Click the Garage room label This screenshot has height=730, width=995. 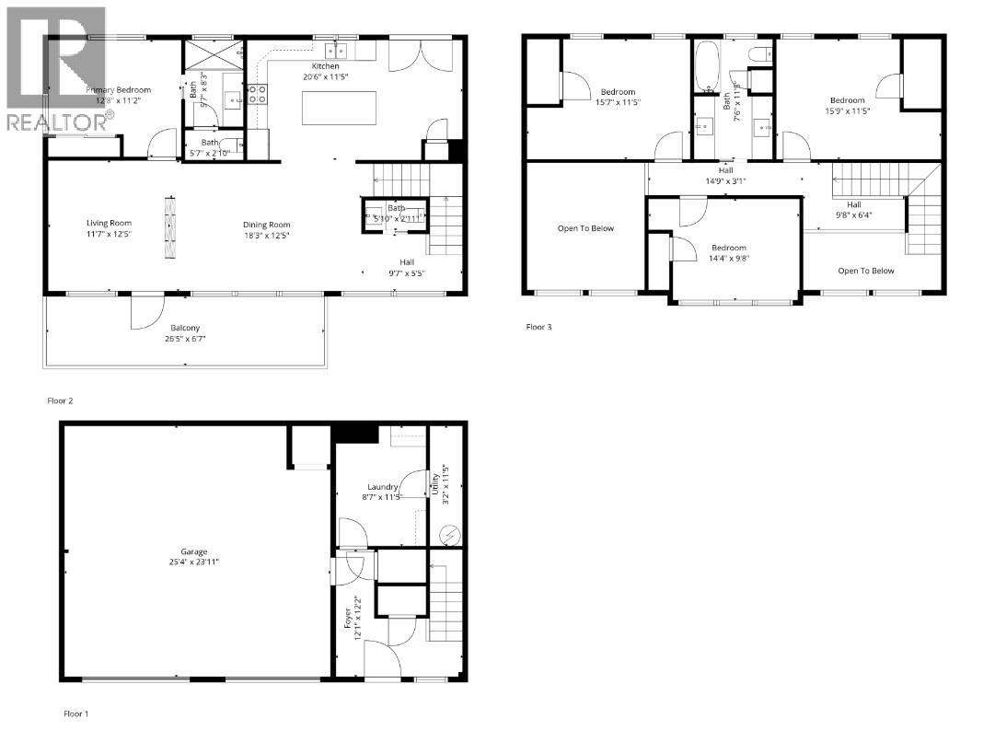coord(192,551)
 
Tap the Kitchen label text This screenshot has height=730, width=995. coord(325,66)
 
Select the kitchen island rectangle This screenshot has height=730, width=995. coord(341,108)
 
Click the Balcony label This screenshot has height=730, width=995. coord(185,328)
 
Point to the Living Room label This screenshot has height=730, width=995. coord(110,224)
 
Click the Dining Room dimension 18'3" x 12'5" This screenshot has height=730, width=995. coord(267,235)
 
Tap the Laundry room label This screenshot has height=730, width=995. coord(382,487)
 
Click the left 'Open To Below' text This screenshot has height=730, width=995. coord(584,228)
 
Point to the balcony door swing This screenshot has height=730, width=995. coord(145,312)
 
